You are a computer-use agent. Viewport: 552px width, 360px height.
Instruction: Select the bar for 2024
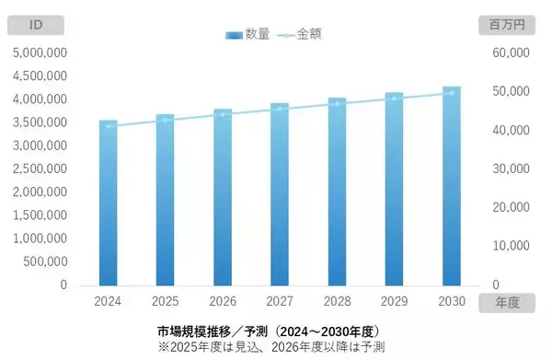pyautogui.click(x=109, y=203)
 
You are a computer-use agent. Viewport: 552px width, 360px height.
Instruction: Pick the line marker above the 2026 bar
pyautogui.click(x=223, y=114)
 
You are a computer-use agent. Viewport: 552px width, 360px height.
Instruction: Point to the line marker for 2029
pyautogui.click(x=395, y=98)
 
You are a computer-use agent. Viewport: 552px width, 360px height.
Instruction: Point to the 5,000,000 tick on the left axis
pyautogui.click(x=40, y=52)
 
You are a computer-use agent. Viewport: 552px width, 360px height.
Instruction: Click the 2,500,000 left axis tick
pyautogui.click(x=40, y=168)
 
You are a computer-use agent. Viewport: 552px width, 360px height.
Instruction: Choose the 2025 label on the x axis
pyautogui.click(x=166, y=301)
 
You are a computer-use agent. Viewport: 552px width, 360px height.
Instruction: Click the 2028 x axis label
pyautogui.click(x=337, y=301)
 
